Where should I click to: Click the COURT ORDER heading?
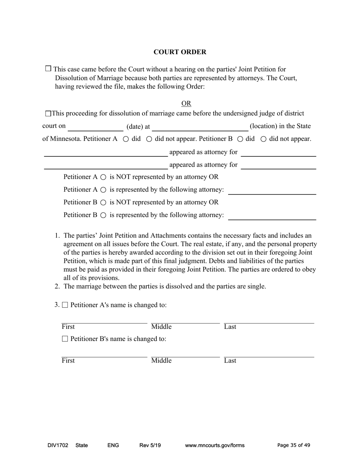180,52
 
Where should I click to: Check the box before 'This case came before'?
48,69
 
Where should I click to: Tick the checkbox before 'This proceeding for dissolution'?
48,114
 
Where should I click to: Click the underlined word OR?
186,103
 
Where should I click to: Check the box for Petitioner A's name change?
65,305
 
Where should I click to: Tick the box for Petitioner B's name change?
65,339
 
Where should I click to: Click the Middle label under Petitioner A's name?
161,327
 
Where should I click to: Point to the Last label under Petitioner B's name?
230,361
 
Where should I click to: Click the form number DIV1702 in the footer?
58,446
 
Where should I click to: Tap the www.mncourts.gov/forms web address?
214,446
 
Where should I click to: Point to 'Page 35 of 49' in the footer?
294,446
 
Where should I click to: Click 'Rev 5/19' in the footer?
150,446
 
